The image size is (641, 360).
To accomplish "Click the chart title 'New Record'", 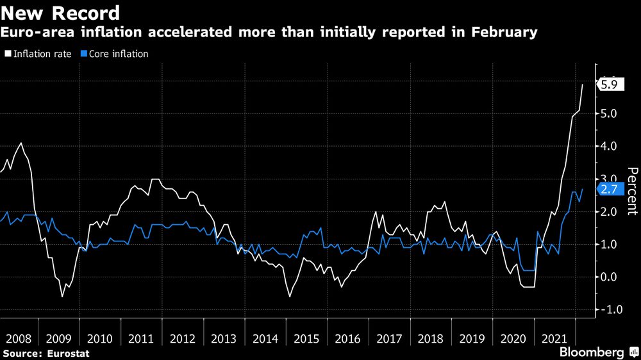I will click(61, 13).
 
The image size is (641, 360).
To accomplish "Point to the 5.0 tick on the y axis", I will click(610, 114).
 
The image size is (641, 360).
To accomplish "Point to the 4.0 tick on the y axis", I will click(610, 147).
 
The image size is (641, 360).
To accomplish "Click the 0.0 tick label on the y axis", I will click(610, 277).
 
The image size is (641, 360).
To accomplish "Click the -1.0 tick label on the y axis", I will click(608, 310).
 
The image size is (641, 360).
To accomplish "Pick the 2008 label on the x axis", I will click(19, 338).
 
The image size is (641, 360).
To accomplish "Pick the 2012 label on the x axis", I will click(183, 338).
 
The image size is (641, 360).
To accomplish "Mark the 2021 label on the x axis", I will click(554, 338).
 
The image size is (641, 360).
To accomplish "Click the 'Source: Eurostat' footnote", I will click(46, 353).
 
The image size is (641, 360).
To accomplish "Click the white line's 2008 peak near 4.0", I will click(21, 143).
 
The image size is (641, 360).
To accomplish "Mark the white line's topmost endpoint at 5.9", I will click(583, 85).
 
